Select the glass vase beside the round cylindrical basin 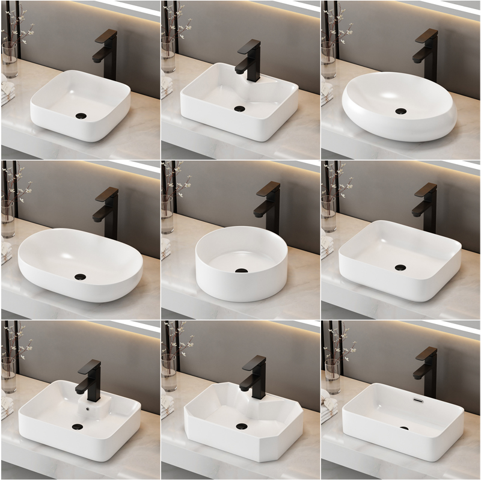tap(167, 214)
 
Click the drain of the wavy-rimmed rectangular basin tap(240, 109)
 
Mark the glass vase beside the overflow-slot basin tap(332, 376)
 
